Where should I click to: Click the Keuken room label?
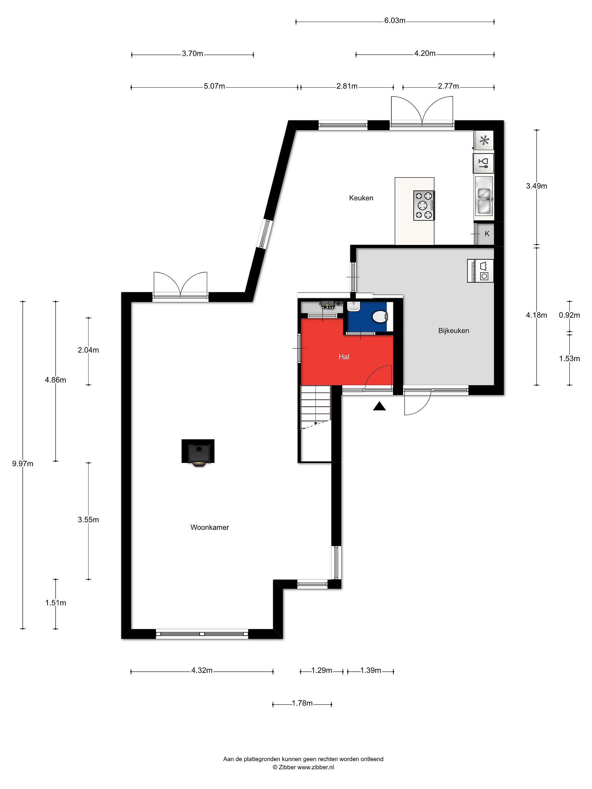[361, 198]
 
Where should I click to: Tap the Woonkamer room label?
[209, 527]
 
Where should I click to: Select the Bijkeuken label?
[454, 331]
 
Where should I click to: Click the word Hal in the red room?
[344, 357]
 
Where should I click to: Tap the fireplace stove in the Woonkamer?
[198, 453]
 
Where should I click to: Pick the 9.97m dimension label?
[23, 464]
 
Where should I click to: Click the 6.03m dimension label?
[395, 21]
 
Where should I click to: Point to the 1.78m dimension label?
[302, 703]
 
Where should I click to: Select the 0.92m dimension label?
[570, 315]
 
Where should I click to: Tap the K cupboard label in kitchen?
[487, 234]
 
